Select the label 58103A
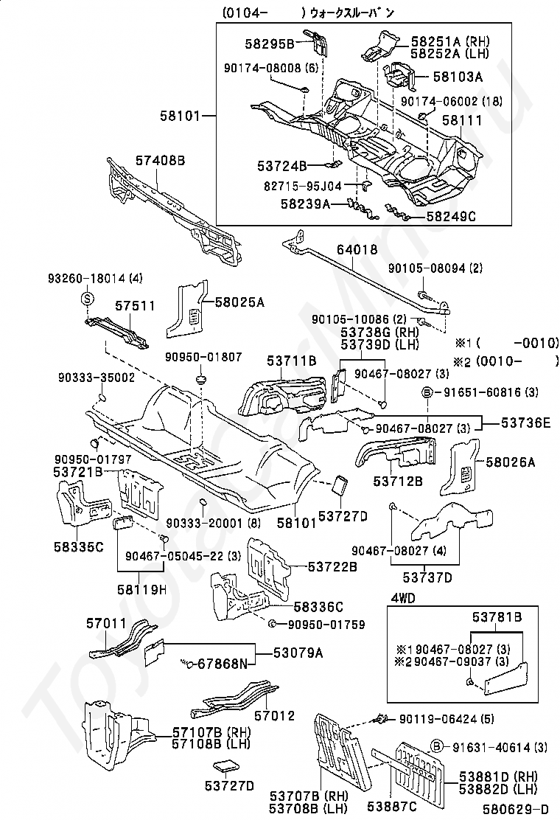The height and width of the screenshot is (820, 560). pyautogui.click(x=458, y=76)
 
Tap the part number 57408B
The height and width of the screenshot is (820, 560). pyautogui.click(x=160, y=159)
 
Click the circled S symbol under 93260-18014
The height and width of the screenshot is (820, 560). pyautogui.click(x=87, y=299)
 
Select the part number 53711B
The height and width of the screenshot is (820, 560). pyautogui.click(x=291, y=361)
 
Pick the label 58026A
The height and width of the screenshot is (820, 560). pyautogui.click(x=510, y=462)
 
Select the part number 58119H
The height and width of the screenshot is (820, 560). pyautogui.click(x=141, y=589)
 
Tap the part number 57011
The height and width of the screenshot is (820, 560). pyautogui.click(x=108, y=623)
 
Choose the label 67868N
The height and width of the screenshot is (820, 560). pyautogui.click(x=223, y=664)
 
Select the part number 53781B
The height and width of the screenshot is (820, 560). pyautogui.click(x=497, y=616)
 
